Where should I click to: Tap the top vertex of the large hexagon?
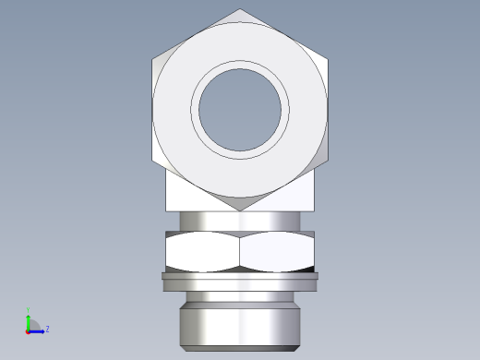240,9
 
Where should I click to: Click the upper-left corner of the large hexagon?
153,60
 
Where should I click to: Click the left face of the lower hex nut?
202,251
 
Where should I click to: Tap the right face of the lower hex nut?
277,251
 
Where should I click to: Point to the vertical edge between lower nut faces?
240,251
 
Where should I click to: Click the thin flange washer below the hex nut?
240,276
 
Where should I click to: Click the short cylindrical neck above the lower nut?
240,222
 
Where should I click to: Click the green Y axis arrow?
29,321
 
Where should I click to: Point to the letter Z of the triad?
47,328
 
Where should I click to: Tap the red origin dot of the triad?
29,330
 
